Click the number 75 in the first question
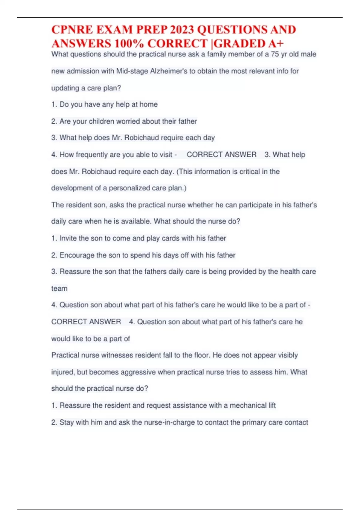pos(275,54)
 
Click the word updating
pos(65,88)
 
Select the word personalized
pos(134,188)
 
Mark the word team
pos(59,289)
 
